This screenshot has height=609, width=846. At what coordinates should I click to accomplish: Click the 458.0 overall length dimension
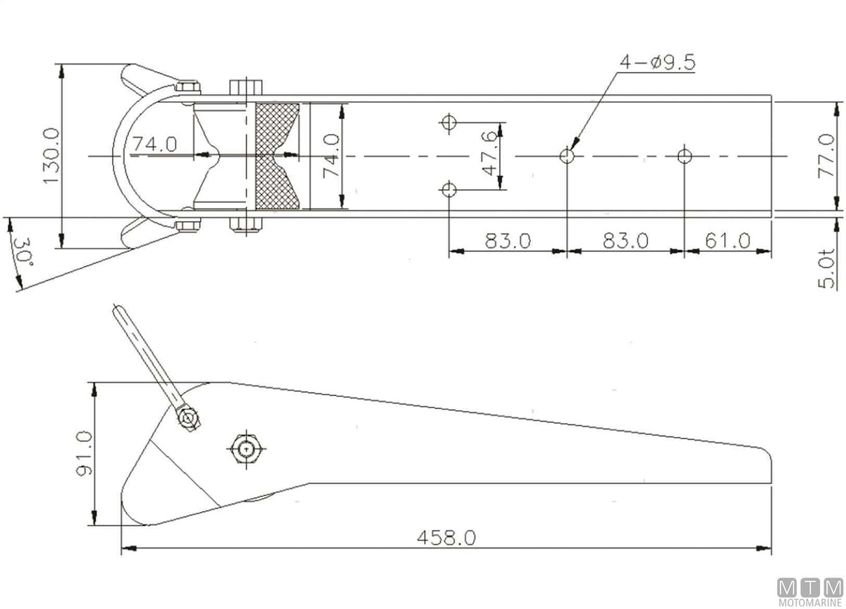[446, 538]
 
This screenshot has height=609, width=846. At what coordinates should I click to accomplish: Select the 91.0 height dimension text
[84, 453]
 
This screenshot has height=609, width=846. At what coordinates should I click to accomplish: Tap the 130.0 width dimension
[51, 156]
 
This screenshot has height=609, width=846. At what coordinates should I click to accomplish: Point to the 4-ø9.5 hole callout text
[657, 62]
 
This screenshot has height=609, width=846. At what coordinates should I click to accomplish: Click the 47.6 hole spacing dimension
[491, 153]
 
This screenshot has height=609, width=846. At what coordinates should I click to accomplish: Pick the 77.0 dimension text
[826, 156]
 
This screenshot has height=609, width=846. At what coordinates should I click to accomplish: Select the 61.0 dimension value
[728, 240]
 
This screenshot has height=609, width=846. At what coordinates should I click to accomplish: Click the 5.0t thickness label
[826, 268]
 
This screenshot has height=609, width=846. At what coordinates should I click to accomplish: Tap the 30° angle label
[23, 252]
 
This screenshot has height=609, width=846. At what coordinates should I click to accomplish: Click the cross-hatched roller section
[277, 156]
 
